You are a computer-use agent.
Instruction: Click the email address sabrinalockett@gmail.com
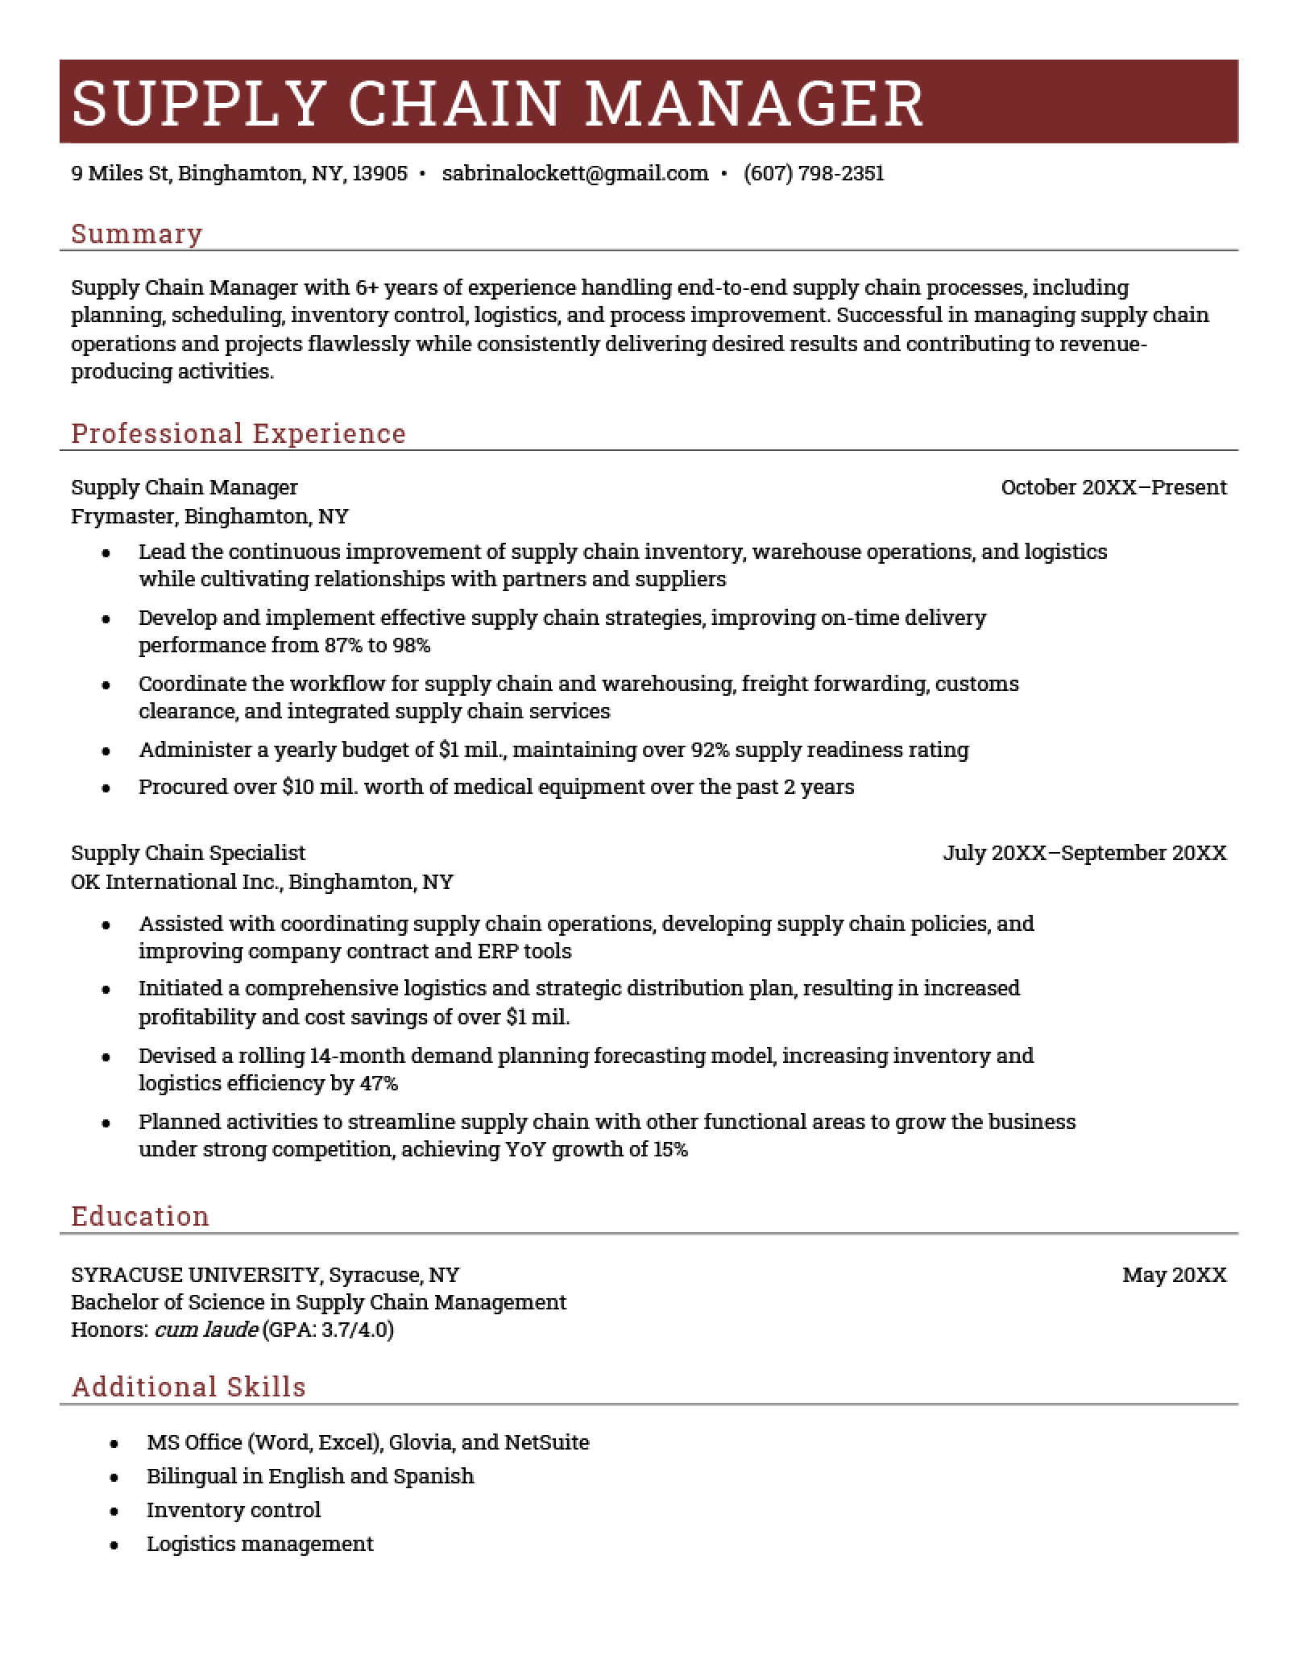click(574, 173)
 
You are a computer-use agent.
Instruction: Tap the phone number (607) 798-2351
click(814, 173)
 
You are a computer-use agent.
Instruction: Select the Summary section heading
click(137, 234)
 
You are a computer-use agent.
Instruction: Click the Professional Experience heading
click(238, 433)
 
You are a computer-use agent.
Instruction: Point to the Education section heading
click(140, 1215)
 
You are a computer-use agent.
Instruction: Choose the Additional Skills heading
click(189, 1386)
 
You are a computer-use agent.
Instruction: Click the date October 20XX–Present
click(1113, 487)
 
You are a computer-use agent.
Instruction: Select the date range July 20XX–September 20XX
click(1084, 853)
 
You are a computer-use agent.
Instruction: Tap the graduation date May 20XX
click(1174, 1275)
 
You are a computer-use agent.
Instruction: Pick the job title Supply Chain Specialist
click(188, 853)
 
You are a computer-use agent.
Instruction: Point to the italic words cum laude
click(206, 1330)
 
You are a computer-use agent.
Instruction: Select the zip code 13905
click(380, 173)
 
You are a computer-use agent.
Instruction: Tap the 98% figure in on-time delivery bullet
click(411, 645)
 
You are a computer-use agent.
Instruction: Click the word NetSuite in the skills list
click(546, 1442)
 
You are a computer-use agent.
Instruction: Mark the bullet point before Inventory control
click(114, 1512)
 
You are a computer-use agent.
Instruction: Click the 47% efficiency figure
click(379, 1083)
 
